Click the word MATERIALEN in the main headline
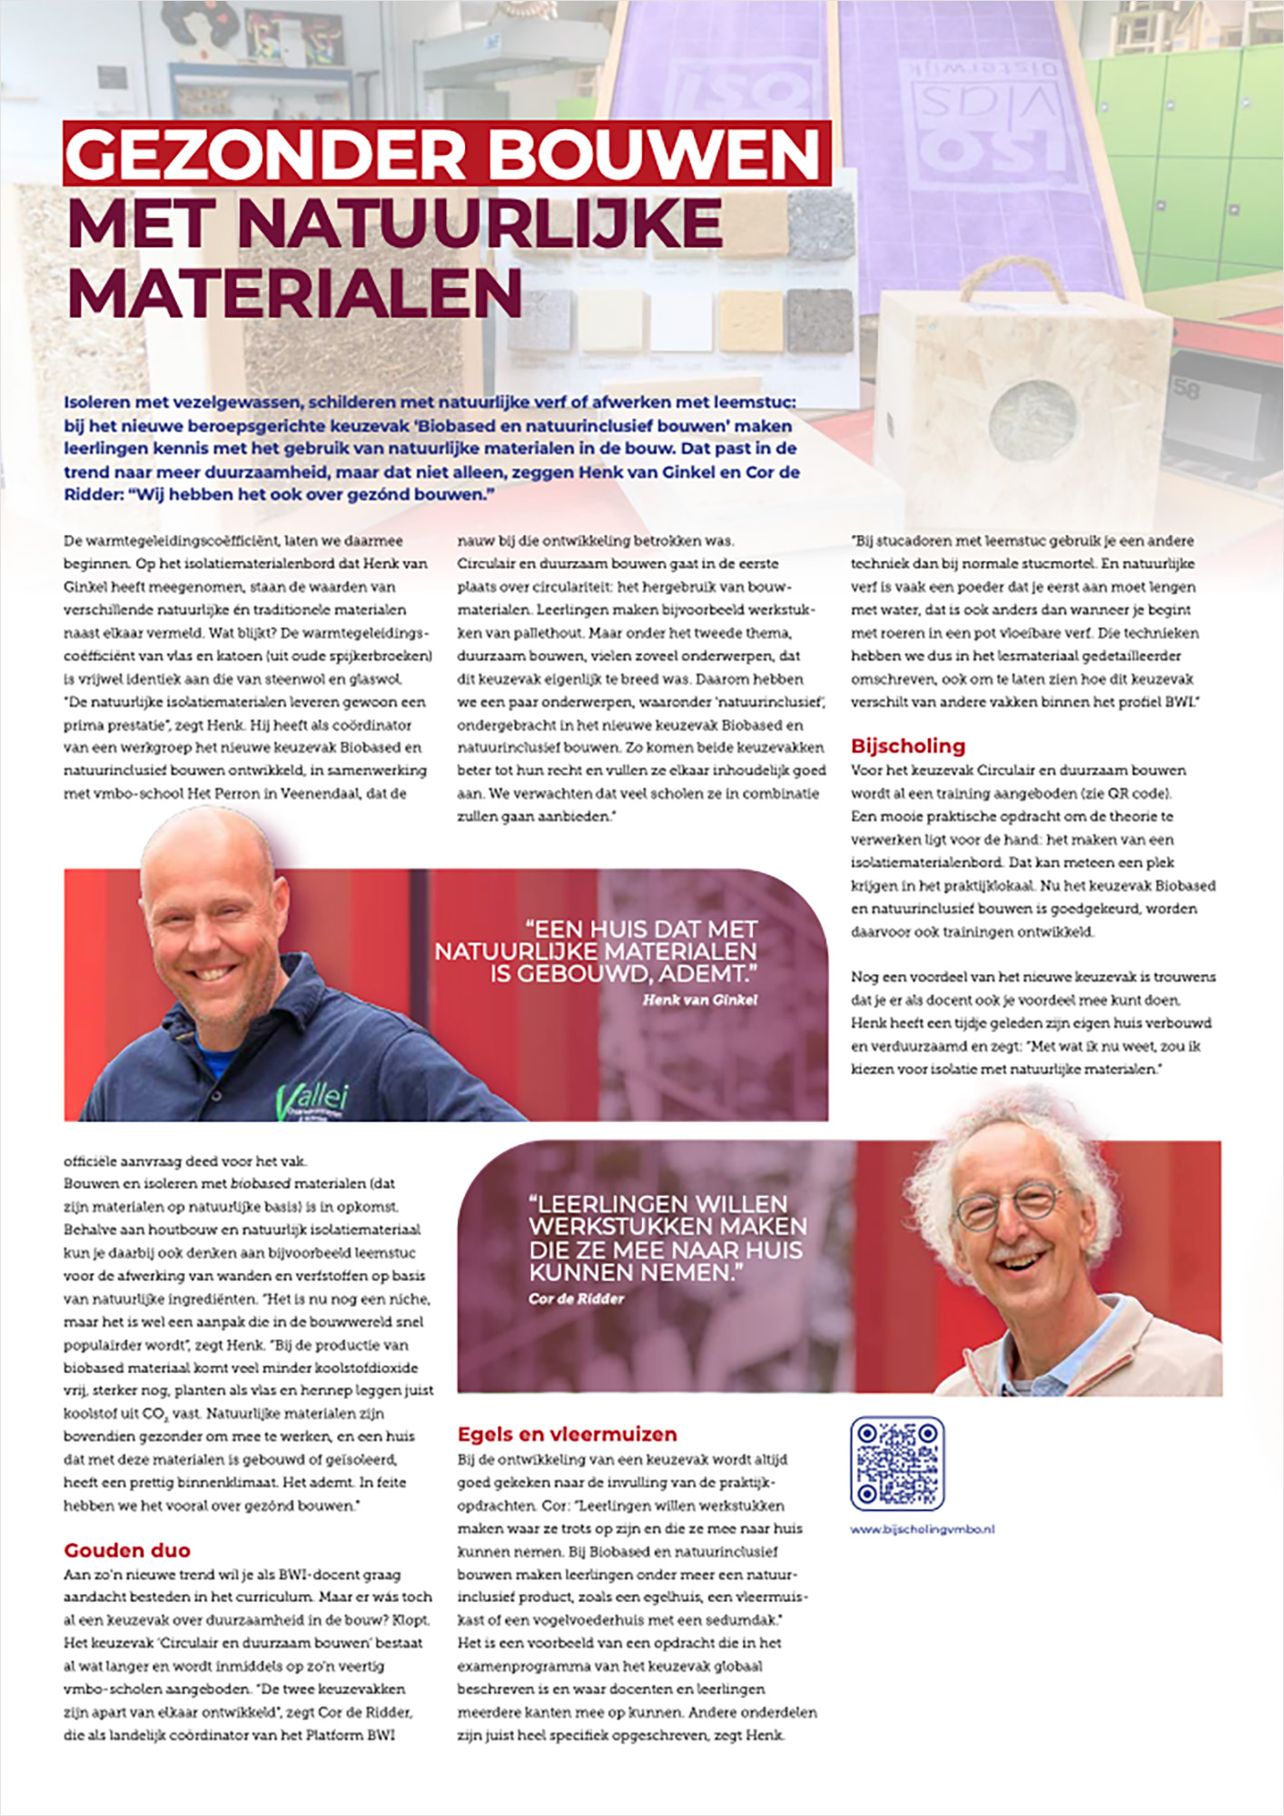click(x=294, y=292)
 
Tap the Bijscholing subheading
click(x=907, y=745)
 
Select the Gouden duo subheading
click(x=127, y=1550)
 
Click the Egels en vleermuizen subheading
click(x=567, y=1434)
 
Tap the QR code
click(x=897, y=1463)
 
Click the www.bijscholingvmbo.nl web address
click(x=922, y=1529)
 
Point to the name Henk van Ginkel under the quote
click(x=699, y=1000)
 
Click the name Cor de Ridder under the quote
click(x=576, y=1298)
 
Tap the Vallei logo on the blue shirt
click(x=312, y=1099)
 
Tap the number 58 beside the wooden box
click(x=1186, y=390)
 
